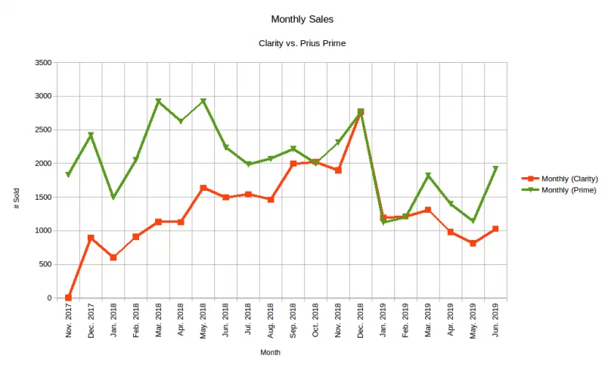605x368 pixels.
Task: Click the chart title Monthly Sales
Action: [x=302, y=18]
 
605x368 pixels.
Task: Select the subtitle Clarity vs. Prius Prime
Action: [x=302, y=43]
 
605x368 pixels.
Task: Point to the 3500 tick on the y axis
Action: [x=42, y=63]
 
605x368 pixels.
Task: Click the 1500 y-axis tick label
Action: [x=42, y=197]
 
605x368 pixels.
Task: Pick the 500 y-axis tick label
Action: [x=45, y=264]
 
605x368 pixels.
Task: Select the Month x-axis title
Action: [x=270, y=352]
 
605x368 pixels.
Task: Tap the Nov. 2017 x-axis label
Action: [x=69, y=321]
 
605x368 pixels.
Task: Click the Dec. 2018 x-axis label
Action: [x=361, y=321]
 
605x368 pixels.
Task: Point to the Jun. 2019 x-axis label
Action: [x=496, y=321]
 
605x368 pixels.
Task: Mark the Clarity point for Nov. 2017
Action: [x=69, y=298]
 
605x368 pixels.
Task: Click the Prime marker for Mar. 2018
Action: [x=159, y=101]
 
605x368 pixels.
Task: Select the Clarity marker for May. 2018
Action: [x=203, y=188]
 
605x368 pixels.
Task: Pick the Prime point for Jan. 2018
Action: [x=113, y=197]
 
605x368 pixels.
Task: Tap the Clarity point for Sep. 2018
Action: [x=293, y=164]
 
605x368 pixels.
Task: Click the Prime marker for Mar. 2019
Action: [x=428, y=176]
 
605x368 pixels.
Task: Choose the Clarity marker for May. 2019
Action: [x=473, y=243]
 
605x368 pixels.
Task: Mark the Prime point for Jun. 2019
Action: [x=495, y=169]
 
